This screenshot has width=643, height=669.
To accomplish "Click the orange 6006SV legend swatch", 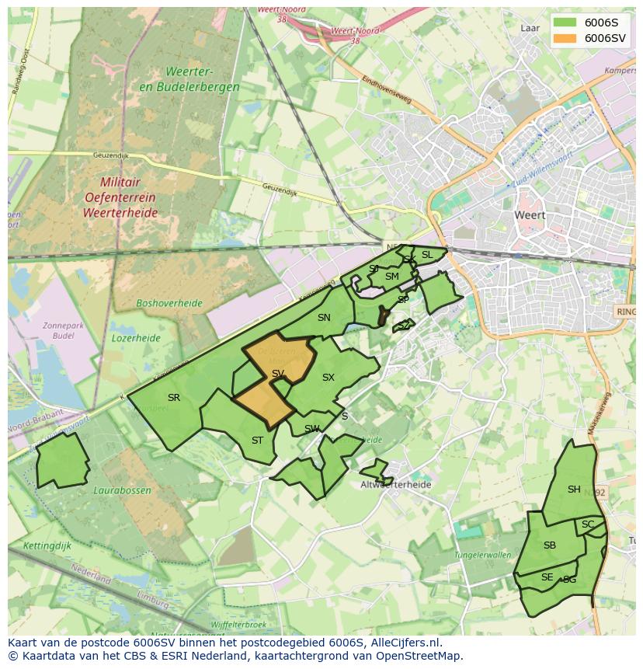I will pyautogui.click(x=565, y=38).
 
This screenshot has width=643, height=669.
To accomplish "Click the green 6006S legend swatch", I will pyautogui.click(x=565, y=22).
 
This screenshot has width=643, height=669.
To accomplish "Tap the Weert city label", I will pyautogui.click(x=530, y=215).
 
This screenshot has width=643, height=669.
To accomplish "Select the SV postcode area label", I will pyautogui.click(x=278, y=374).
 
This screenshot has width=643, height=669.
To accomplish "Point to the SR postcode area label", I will pyautogui.click(x=174, y=398).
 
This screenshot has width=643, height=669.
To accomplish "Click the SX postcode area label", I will pyautogui.click(x=328, y=378).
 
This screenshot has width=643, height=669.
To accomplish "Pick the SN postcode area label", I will pyautogui.click(x=324, y=318).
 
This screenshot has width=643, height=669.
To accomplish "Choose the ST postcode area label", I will pyautogui.click(x=257, y=441).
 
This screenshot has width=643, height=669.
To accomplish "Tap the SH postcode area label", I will pyautogui.click(x=574, y=490).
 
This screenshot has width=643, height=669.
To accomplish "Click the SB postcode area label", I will pyautogui.click(x=550, y=545).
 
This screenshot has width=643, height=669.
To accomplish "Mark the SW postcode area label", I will pyautogui.click(x=312, y=429).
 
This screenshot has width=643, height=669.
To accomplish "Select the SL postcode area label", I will pyautogui.click(x=427, y=255).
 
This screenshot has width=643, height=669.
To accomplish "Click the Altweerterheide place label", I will pyautogui.click(x=396, y=484).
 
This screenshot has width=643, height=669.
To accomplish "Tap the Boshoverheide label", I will pyautogui.click(x=169, y=303).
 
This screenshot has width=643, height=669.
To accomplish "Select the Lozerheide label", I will pyautogui.click(x=136, y=338).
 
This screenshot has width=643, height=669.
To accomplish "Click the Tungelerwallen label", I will pyautogui.click(x=483, y=555).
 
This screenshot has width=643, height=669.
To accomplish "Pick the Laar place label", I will pyautogui.click(x=530, y=28).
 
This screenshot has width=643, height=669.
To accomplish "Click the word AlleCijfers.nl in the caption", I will pyautogui.click(x=406, y=643).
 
